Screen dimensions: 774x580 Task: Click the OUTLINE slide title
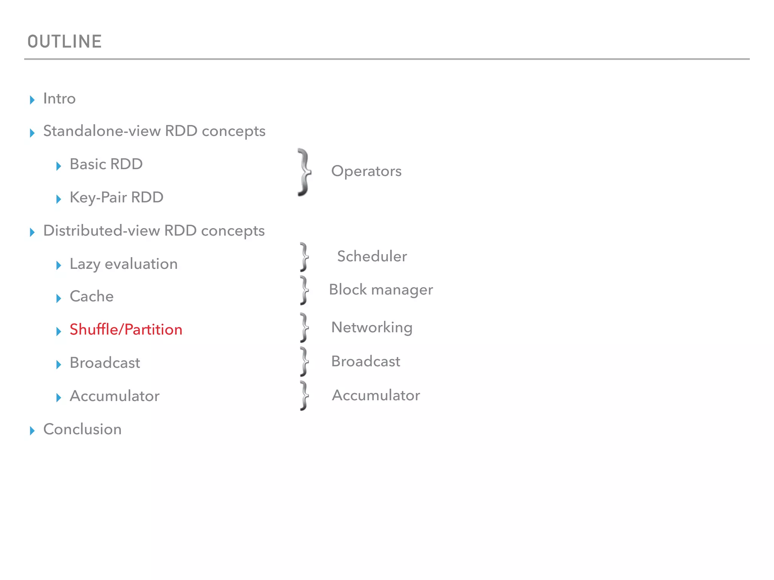(65, 42)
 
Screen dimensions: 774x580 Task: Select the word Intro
(59, 99)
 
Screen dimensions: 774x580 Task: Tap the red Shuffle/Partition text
(126, 330)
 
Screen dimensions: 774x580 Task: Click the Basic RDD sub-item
(106, 164)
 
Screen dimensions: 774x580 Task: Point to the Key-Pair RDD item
(116, 197)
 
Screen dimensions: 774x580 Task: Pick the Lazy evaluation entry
(124, 264)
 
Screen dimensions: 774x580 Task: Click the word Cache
(91, 296)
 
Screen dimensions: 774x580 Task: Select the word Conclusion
(82, 429)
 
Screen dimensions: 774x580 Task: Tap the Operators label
(366, 171)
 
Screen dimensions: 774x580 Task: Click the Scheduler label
(372, 256)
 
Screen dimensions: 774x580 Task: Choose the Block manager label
(381, 290)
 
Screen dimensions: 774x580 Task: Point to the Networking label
(372, 327)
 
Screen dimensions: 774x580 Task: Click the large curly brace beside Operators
(304, 172)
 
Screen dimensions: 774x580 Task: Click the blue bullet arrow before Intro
(32, 100)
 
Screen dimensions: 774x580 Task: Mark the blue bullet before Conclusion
(32, 430)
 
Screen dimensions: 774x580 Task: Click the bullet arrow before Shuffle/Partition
(59, 331)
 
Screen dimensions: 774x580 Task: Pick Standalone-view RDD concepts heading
(154, 131)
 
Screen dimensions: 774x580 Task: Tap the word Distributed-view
(101, 231)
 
